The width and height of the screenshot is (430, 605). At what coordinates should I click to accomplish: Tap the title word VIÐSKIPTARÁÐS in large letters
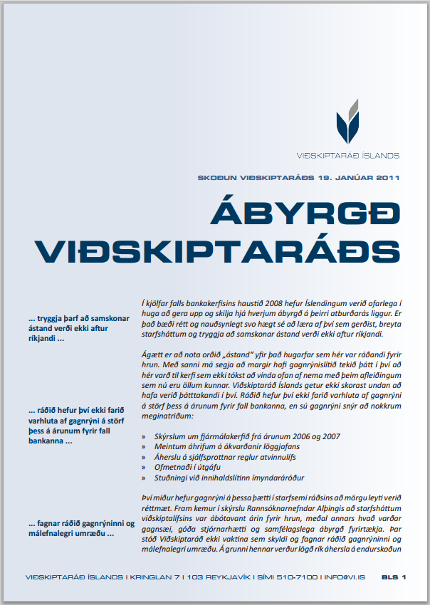218,251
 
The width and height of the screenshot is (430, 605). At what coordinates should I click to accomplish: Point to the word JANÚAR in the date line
345,177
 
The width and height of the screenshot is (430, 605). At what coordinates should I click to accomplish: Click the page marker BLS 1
394,577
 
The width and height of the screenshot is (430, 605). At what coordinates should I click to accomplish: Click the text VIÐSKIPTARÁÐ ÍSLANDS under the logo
347,154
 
